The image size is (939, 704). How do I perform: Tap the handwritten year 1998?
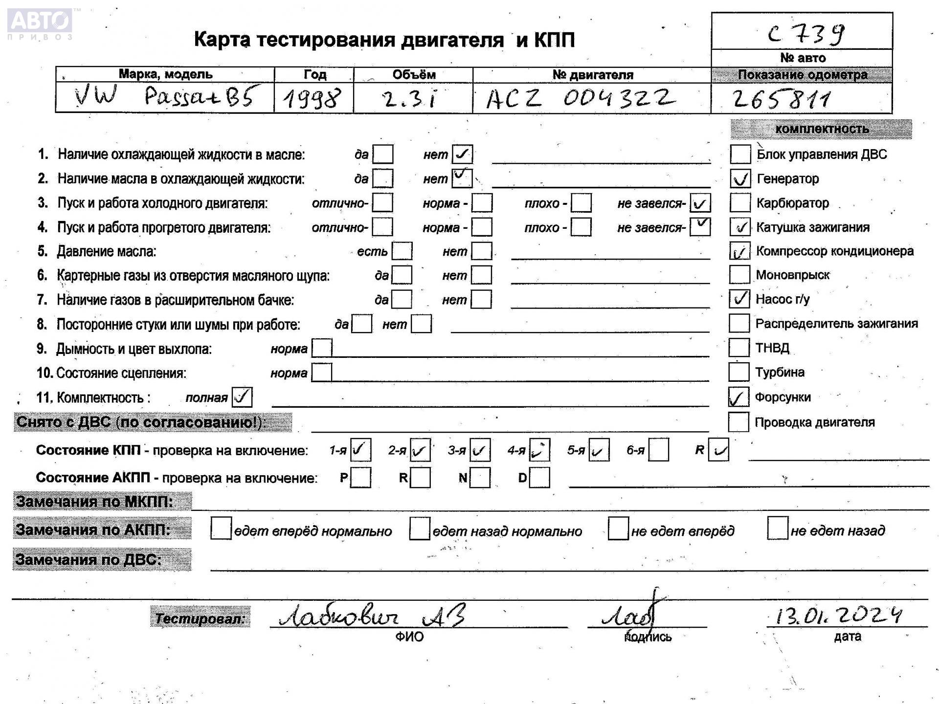312,99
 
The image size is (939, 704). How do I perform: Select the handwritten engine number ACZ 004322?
580,98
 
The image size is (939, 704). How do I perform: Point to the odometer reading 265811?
781,99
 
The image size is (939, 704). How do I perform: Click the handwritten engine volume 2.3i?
410,99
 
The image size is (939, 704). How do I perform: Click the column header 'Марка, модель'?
165,74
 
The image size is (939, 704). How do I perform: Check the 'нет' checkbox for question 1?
462,154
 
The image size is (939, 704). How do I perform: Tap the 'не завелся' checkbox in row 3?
700,203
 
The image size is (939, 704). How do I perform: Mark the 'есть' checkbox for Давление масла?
402,251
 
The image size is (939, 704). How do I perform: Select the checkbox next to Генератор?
740,179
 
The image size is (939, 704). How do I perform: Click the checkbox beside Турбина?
738,372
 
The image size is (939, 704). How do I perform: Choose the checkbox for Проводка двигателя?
738,422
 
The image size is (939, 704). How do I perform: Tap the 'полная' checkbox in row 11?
242,397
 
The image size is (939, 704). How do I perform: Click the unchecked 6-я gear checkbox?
658,450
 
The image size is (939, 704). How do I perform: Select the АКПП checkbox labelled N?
480,478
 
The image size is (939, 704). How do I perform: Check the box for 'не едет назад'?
778,528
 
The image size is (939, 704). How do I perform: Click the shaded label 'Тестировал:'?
200,618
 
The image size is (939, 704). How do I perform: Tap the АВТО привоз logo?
40,23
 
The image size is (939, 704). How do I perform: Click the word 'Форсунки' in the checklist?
783,397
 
